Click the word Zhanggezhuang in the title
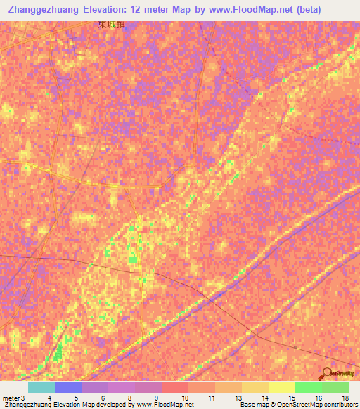coord(46,10)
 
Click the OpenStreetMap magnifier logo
coord(328,373)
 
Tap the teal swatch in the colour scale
coord(41,387)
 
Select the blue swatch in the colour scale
coord(67,387)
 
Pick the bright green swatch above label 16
coord(308,387)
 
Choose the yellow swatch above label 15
coord(281,387)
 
